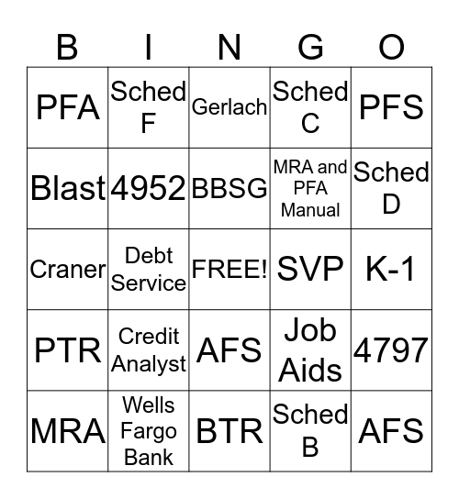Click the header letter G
310,46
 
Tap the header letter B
68,46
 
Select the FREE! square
229,269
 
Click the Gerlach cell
229,107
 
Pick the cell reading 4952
149,188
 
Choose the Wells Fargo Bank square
149,430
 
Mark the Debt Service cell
149,269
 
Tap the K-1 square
391,269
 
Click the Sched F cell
149,107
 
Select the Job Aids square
310,349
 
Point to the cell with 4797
391,349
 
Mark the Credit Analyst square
149,349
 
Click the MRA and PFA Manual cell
310,188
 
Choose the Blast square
68,188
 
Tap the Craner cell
68,269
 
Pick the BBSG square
229,188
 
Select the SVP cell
310,269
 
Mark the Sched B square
310,430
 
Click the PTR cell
68,349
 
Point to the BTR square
229,430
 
